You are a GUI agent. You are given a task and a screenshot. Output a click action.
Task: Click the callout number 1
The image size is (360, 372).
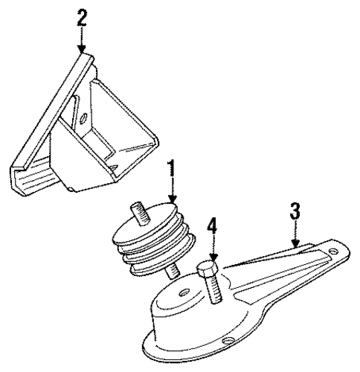[172, 172]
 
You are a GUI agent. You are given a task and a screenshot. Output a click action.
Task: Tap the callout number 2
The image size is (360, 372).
[82, 17]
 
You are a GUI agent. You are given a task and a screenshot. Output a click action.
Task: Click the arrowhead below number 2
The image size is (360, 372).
[82, 49]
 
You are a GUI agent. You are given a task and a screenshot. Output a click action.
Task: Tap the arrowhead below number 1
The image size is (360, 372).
[173, 199]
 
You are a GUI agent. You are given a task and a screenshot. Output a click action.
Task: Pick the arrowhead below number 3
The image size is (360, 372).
[295, 243]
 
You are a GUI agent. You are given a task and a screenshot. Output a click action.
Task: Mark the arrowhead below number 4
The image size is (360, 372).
[213, 257]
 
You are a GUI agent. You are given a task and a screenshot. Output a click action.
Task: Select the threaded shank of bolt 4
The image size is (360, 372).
[214, 288]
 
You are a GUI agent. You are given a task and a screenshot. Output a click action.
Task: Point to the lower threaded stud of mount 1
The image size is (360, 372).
[173, 271]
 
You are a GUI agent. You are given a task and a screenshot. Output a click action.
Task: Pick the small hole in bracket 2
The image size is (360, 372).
[83, 118]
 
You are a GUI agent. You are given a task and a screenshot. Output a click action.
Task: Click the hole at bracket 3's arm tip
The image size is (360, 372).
[333, 251]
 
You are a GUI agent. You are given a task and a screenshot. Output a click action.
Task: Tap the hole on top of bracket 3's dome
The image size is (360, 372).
[184, 292]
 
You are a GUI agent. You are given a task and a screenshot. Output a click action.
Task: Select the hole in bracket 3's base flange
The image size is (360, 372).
[227, 341]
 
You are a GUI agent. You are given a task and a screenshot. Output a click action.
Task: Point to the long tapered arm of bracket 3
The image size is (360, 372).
[285, 269]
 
